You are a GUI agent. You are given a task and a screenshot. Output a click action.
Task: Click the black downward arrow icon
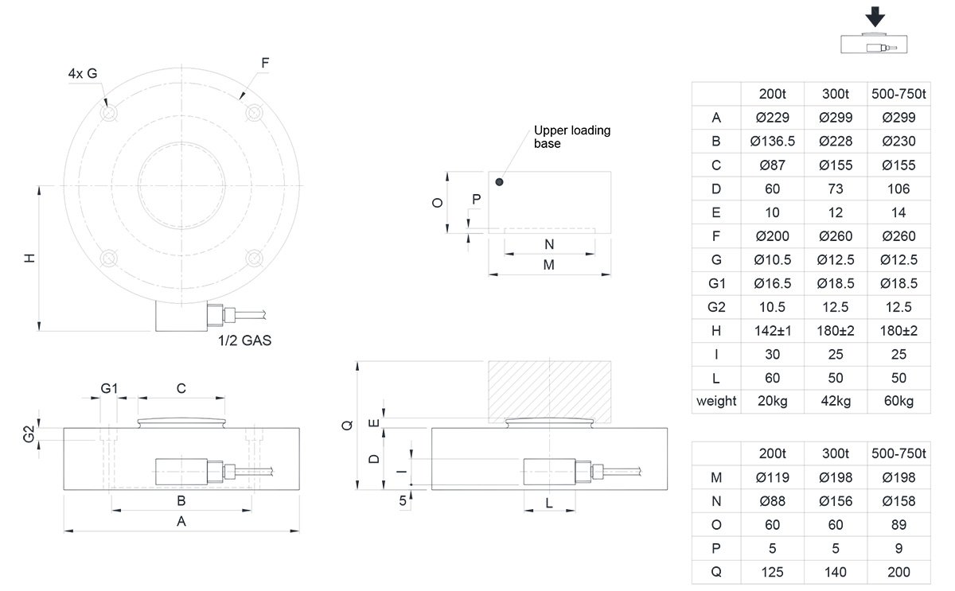(876, 17)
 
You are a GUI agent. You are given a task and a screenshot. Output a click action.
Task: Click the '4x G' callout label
(83, 74)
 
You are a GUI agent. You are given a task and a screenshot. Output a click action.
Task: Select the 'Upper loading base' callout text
(572, 137)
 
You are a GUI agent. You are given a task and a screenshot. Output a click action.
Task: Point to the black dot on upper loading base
(499, 182)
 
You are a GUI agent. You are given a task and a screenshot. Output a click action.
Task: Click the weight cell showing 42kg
(836, 401)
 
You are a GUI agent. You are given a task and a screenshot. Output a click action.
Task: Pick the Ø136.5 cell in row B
(772, 142)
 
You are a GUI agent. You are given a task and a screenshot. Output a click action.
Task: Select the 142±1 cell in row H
(772, 330)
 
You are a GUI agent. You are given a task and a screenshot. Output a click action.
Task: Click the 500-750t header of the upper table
(898, 94)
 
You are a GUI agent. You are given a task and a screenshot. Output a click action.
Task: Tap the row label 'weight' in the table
(716, 401)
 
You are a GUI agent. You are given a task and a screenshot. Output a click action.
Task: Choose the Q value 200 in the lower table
(898, 572)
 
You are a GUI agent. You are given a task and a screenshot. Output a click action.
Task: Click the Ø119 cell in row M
(772, 477)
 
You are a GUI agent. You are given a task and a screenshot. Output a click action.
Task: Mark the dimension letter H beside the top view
(29, 259)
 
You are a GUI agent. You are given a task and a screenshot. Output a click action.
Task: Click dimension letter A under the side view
(181, 522)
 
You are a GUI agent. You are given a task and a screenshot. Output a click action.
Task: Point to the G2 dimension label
(28, 434)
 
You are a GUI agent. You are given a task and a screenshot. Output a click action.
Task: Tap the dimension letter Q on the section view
(346, 426)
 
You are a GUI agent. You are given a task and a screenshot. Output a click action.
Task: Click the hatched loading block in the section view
(549, 390)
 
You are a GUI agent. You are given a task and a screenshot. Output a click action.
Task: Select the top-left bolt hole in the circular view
(108, 113)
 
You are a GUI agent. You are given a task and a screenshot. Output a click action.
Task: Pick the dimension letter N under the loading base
(548, 244)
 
